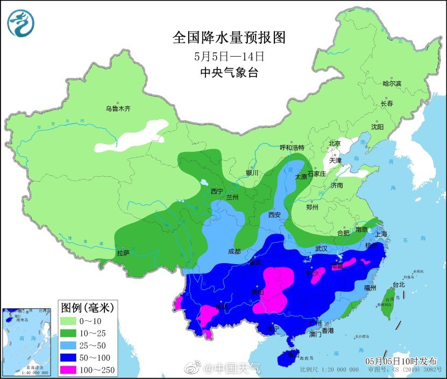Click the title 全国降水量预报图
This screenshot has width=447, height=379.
(229, 38)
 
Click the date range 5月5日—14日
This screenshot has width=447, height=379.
(229, 56)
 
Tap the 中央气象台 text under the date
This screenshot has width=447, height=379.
(229, 73)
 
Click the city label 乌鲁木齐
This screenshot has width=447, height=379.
(118, 109)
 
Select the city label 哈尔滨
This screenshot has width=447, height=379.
(392, 84)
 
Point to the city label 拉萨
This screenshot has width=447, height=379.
(123, 252)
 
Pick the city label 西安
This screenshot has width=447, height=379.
(274, 215)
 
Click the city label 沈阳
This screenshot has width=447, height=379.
(377, 127)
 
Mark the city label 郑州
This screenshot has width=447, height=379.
(312, 207)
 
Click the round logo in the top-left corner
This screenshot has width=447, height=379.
(20, 23)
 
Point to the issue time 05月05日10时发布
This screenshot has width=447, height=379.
(401, 361)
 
